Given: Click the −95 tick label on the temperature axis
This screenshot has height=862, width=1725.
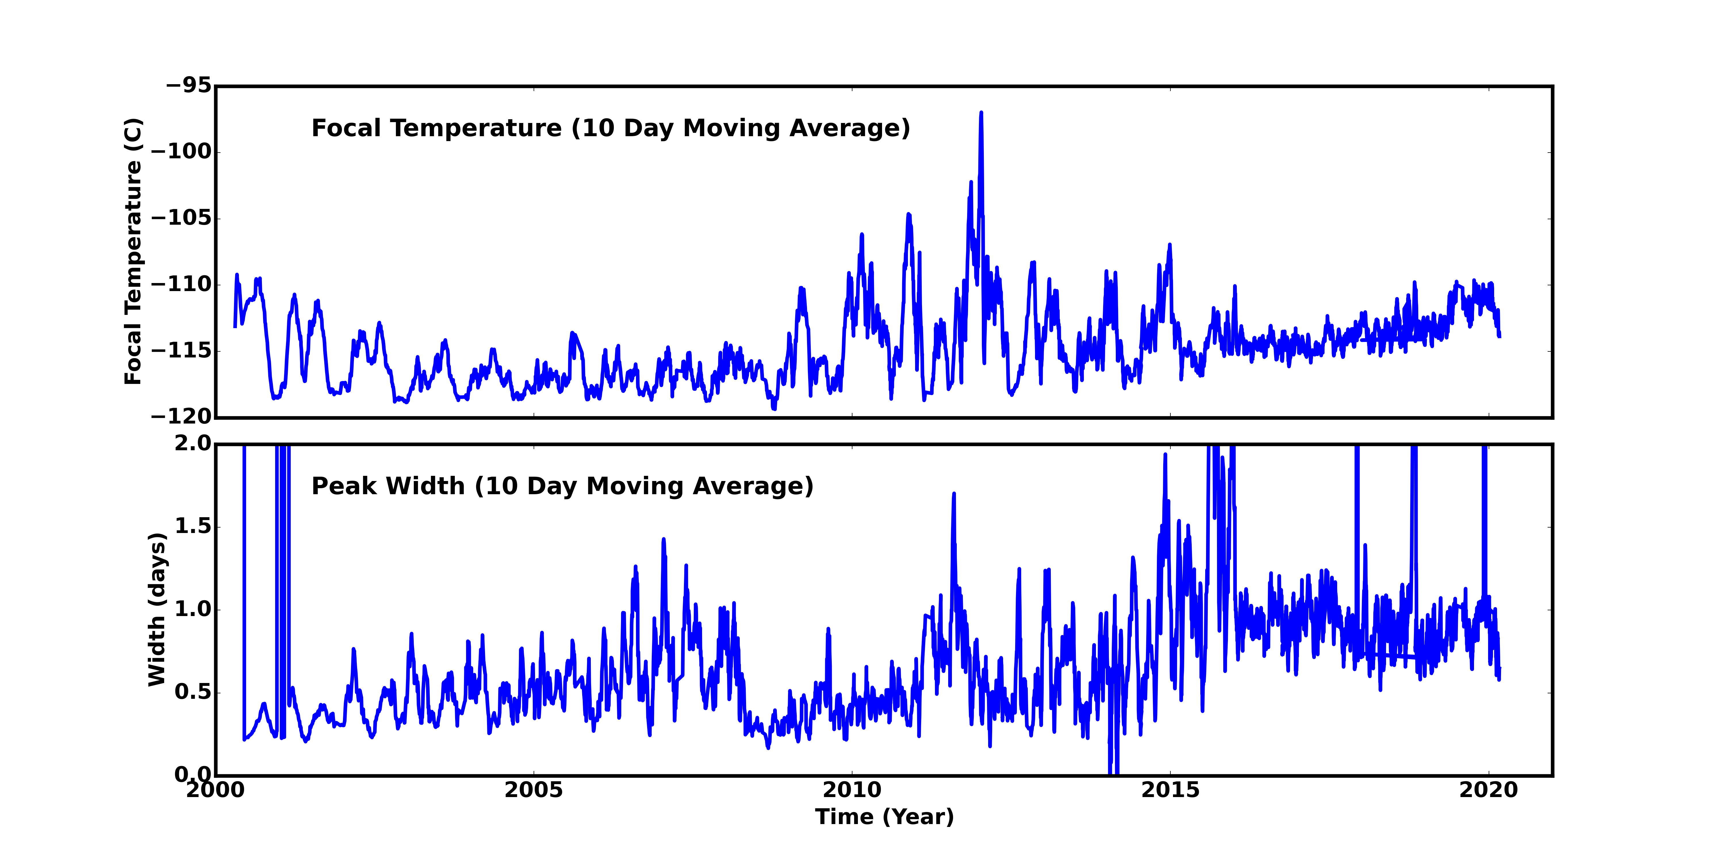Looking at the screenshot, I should click(x=188, y=86).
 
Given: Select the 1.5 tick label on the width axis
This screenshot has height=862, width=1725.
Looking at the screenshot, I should click(x=193, y=526).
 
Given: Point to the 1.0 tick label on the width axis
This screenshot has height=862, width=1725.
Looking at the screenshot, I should click(x=193, y=609).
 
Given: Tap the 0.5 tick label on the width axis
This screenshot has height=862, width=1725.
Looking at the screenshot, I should click(x=193, y=692).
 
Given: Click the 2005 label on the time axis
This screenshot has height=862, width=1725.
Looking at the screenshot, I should click(x=534, y=790).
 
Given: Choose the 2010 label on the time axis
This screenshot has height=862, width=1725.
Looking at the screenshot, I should click(x=852, y=790).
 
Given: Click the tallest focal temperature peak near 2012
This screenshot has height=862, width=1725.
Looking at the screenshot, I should click(x=981, y=114).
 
